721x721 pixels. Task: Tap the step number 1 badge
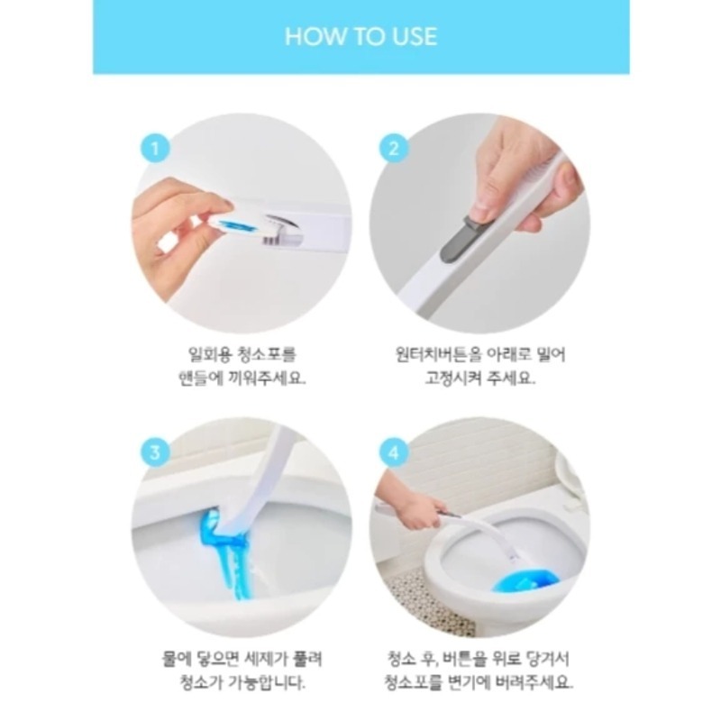click(x=155, y=149)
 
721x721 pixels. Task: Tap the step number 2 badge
click(x=394, y=149)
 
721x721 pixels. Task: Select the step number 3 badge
click(x=155, y=453)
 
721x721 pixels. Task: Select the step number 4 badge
click(x=394, y=453)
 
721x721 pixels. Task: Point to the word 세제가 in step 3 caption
click(x=268, y=659)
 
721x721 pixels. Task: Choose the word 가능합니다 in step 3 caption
click(x=264, y=682)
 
